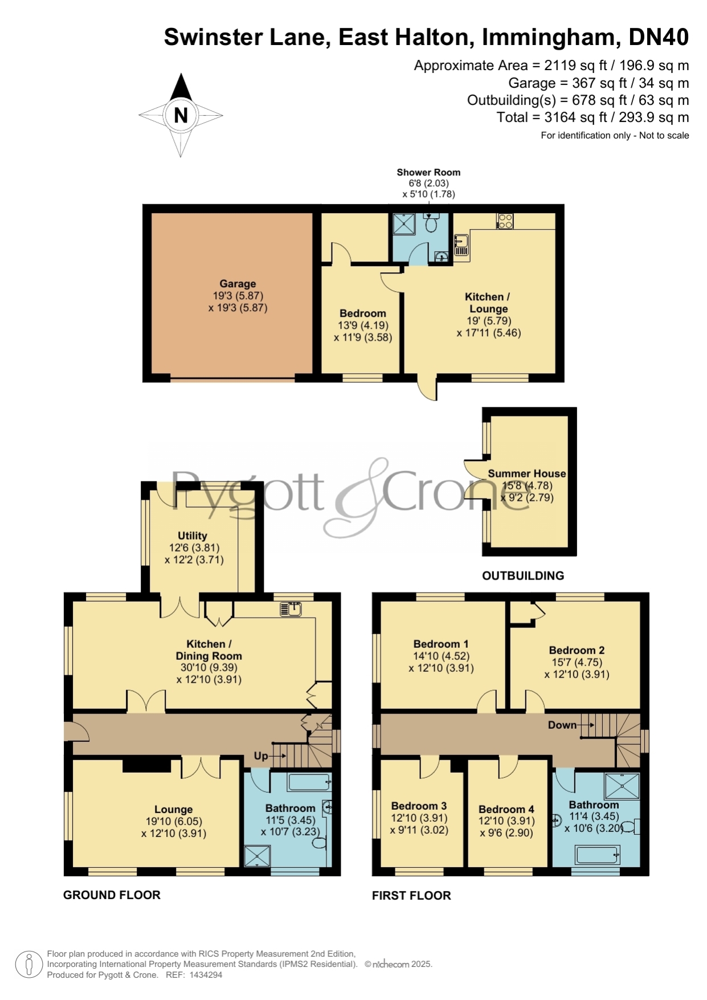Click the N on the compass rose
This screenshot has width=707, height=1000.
(181, 116)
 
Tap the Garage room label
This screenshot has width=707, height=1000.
(238, 284)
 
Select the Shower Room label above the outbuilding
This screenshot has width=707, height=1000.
(428, 172)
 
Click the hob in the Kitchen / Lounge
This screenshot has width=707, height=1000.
(505, 221)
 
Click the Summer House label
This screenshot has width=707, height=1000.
(527, 474)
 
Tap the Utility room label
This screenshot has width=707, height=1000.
(193, 536)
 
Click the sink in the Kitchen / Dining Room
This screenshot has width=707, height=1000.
(291, 609)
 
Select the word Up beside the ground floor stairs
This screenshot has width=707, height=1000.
(261, 756)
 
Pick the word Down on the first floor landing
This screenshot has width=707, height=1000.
(562, 725)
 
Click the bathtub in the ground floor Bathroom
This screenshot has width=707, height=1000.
(310, 782)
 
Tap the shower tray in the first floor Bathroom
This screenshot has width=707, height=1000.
(622, 786)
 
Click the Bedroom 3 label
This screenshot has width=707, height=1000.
(419, 806)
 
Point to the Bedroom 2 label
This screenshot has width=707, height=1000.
(577, 650)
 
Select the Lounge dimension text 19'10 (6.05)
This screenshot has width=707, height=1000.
(174, 821)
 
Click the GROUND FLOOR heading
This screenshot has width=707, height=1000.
(112, 895)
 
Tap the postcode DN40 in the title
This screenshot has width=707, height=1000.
(659, 37)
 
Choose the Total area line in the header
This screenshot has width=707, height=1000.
(592, 117)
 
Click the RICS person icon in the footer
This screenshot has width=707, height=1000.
(28, 965)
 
